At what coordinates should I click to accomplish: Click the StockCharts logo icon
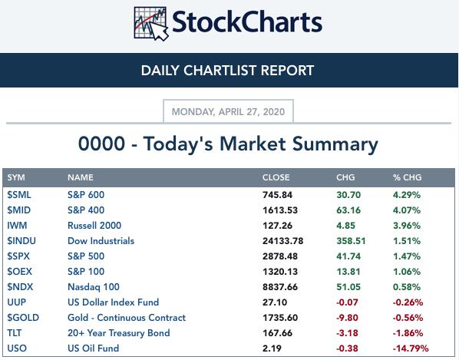[x=151, y=24]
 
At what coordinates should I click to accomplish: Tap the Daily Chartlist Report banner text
[x=227, y=71]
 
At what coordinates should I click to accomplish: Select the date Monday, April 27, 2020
[x=228, y=112]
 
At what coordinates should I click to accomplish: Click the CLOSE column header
[x=276, y=177]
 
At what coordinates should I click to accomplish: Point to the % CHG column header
[x=407, y=177]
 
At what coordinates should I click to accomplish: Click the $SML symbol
[x=19, y=195]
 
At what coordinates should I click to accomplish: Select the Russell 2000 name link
[x=94, y=226]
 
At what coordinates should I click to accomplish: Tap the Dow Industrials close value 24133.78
[x=282, y=241]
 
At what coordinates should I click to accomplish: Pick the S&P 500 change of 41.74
[x=348, y=256]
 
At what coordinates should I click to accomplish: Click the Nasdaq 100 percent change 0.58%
[x=407, y=287]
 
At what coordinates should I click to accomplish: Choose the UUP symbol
[x=16, y=302]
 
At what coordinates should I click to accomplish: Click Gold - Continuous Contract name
[x=127, y=318]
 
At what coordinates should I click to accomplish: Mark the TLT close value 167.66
[x=277, y=333]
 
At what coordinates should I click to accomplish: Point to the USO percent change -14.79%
[x=411, y=348]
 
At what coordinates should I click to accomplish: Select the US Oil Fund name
[x=93, y=348]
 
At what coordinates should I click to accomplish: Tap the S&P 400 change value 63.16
[x=348, y=210]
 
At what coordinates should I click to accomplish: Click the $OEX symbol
[x=19, y=271]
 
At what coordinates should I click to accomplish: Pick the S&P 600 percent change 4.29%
[x=407, y=195]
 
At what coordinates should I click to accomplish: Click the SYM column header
[x=16, y=177]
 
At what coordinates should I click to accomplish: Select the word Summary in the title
[x=335, y=145]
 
